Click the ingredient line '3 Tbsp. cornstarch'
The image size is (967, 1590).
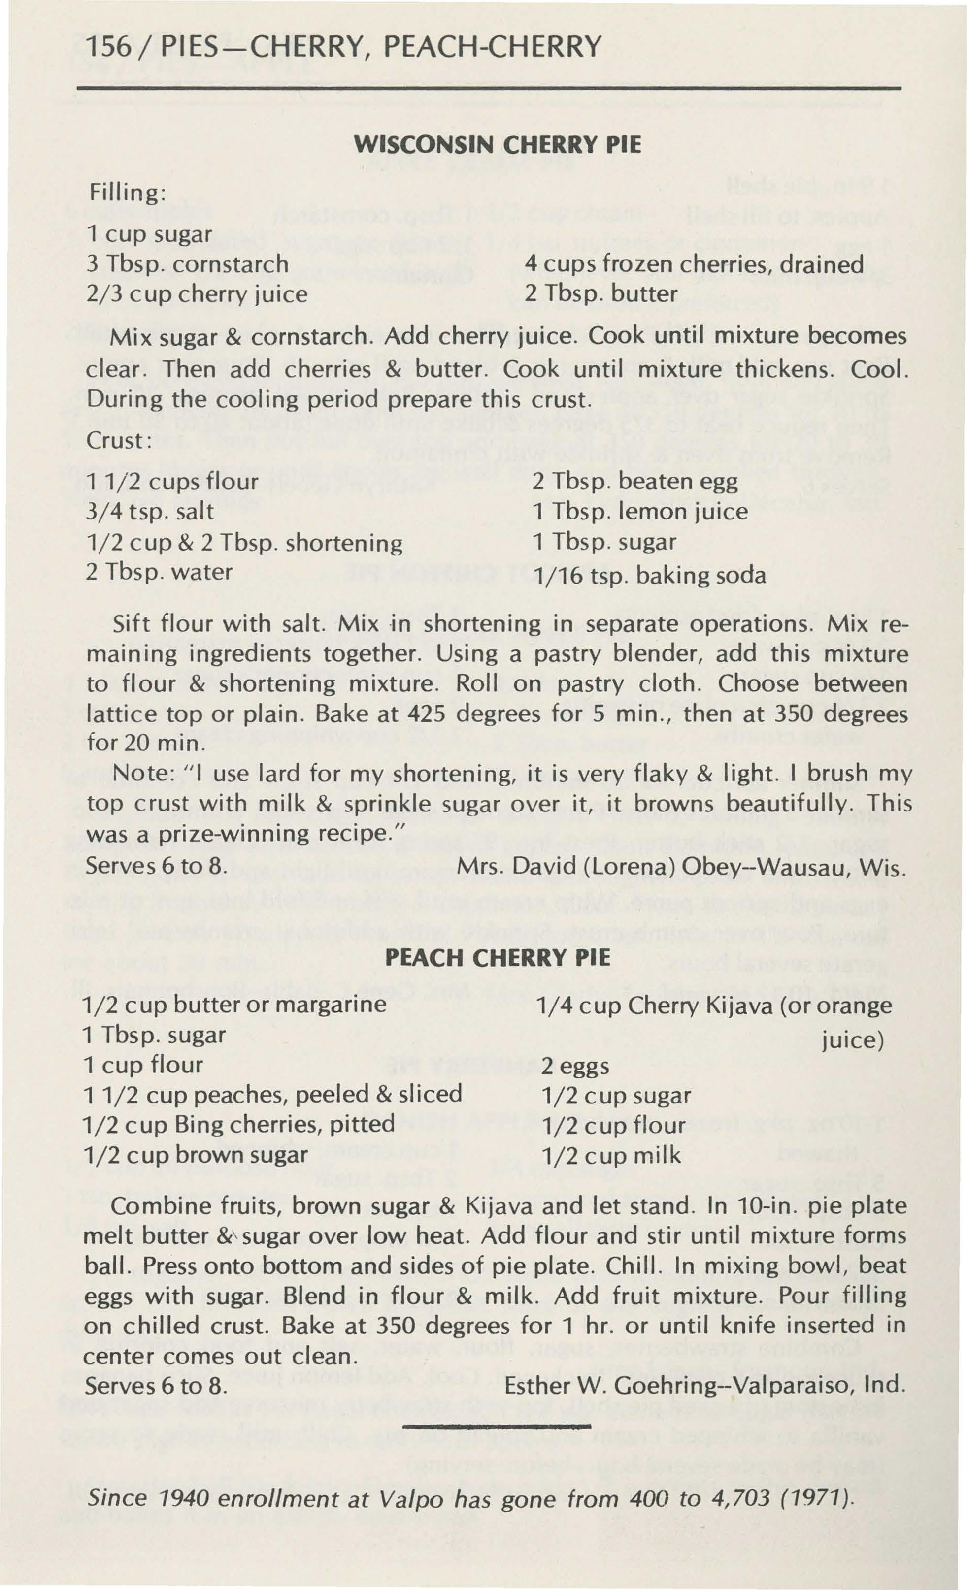coord(187,264)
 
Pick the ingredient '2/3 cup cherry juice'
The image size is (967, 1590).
coord(196,294)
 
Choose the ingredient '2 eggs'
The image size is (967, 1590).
coord(574,1066)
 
